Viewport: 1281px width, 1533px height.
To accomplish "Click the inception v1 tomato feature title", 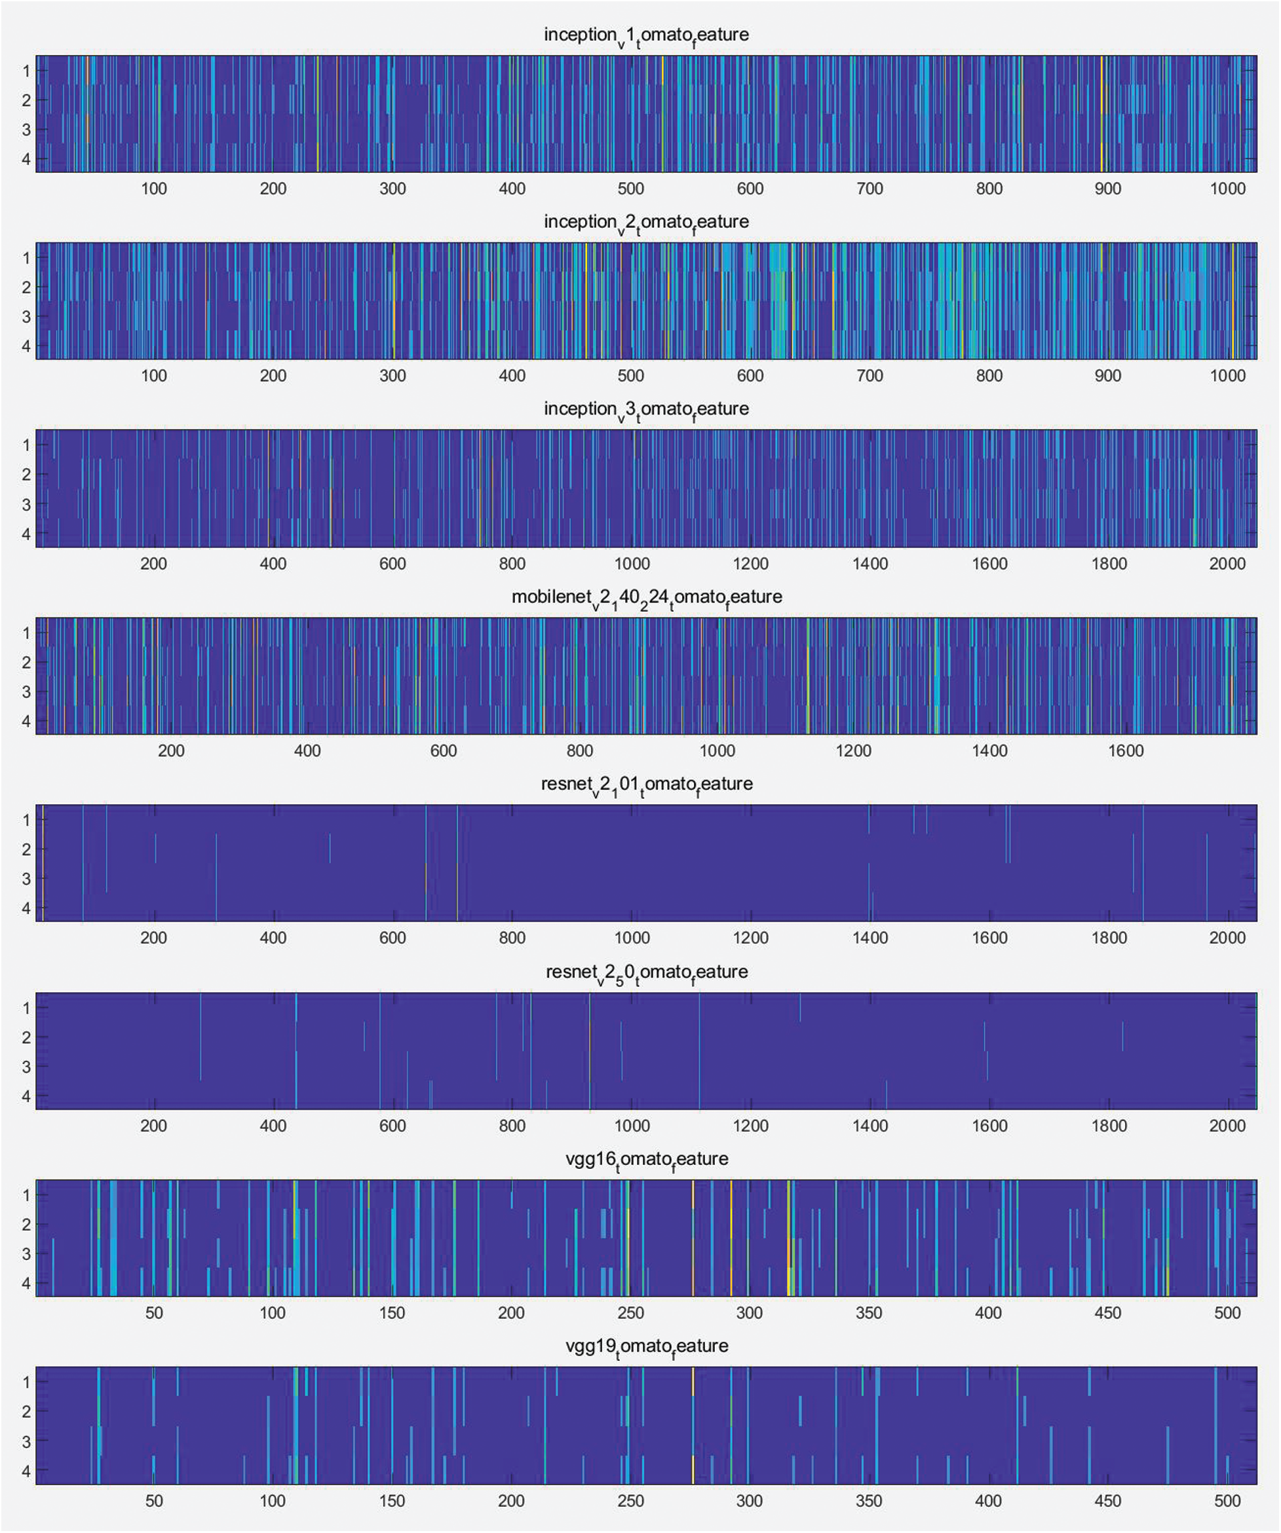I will click(x=646, y=35).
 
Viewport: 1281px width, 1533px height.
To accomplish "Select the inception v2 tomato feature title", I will click(x=646, y=222).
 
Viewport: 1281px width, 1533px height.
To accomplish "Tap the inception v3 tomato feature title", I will click(x=646, y=409).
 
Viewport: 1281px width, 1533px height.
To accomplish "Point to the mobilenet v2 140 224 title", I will click(x=646, y=597).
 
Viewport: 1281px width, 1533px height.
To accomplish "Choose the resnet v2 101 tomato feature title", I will click(x=646, y=784).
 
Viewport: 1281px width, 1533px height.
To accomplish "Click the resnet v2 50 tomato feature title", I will click(x=646, y=972).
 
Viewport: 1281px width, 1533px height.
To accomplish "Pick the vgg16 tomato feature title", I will click(x=646, y=1159).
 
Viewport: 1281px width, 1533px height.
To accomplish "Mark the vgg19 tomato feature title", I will click(x=646, y=1346).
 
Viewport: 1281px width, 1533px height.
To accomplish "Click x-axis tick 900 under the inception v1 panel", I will click(x=1108, y=189).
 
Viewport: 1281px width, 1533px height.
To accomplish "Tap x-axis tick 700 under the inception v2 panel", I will click(x=870, y=376).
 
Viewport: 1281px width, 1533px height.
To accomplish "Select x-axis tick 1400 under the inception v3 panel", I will click(x=870, y=564).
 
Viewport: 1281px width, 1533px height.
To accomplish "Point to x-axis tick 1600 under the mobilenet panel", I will click(x=1126, y=751).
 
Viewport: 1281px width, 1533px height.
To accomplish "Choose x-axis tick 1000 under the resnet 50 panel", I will click(x=632, y=1126).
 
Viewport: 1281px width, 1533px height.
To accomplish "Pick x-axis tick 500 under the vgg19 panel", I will click(x=1227, y=1501).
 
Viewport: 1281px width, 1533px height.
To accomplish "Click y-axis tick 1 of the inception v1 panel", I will click(x=26, y=71).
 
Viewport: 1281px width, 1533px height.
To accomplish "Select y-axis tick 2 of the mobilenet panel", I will click(x=26, y=663).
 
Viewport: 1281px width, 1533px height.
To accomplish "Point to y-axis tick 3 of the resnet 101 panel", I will click(x=26, y=879).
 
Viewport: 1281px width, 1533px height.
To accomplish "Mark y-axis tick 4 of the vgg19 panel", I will click(x=26, y=1471).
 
